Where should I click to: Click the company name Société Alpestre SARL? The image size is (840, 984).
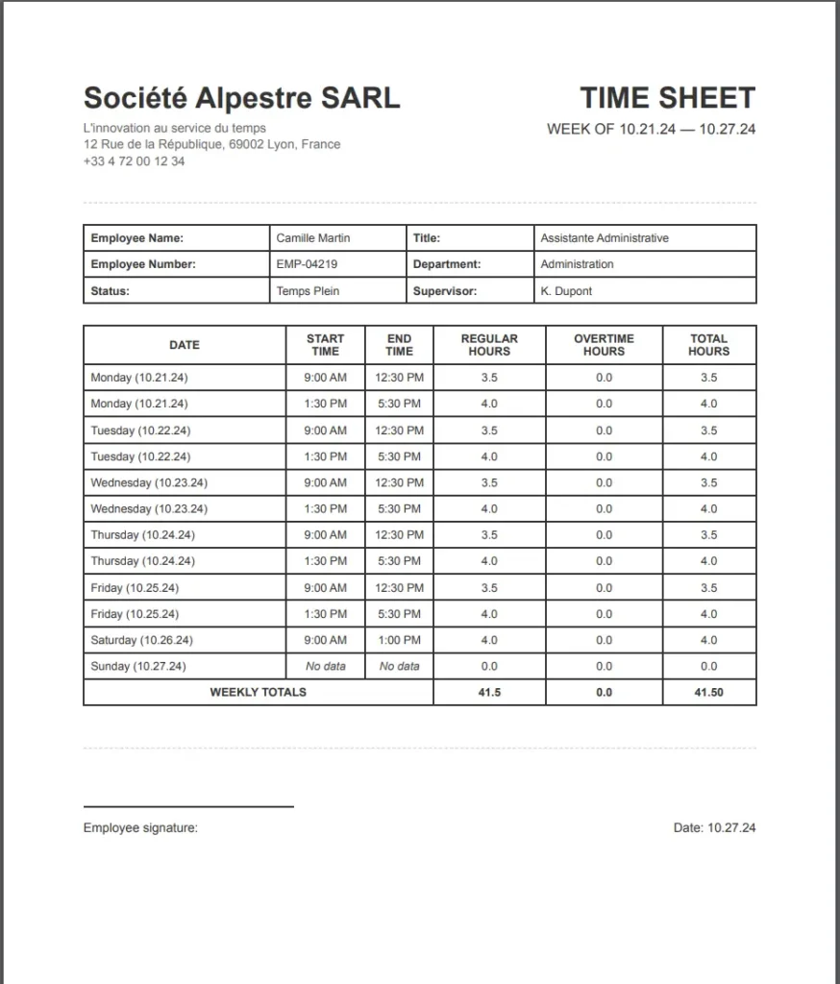pyautogui.click(x=241, y=98)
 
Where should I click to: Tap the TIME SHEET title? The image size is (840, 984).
pyautogui.click(x=667, y=98)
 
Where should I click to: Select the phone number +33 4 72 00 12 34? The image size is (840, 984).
pyautogui.click(x=134, y=161)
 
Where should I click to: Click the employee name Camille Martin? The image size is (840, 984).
pyautogui.click(x=313, y=238)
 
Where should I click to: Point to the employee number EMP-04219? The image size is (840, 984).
pyautogui.click(x=307, y=264)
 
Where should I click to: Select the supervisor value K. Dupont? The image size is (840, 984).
pyautogui.click(x=566, y=291)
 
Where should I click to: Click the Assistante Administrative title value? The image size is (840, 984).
pyautogui.click(x=604, y=238)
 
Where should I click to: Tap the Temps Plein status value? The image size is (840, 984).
pyautogui.click(x=308, y=291)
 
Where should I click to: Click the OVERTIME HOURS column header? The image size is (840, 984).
pyautogui.click(x=604, y=345)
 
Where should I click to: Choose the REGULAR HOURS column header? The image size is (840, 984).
pyautogui.click(x=489, y=345)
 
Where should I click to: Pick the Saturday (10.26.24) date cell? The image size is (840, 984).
pyautogui.click(x=141, y=640)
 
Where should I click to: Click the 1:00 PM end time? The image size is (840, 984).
pyautogui.click(x=399, y=640)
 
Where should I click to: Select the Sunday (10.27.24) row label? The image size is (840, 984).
pyautogui.click(x=138, y=666)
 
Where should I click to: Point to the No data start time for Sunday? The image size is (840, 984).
pyautogui.click(x=326, y=666)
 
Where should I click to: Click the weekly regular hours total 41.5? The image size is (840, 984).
pyautogui.click(x=489, y=692)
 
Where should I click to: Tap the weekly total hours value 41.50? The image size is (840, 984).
pyautogui.click(x=708, y=692)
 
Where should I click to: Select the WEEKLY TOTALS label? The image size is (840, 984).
pyautogui.click(x=258, y=692)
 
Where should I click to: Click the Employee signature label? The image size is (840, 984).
pyautogui.click(x=140, y=827)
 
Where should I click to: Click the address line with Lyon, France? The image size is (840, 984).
pyautogui.click(x=211, y=144)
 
